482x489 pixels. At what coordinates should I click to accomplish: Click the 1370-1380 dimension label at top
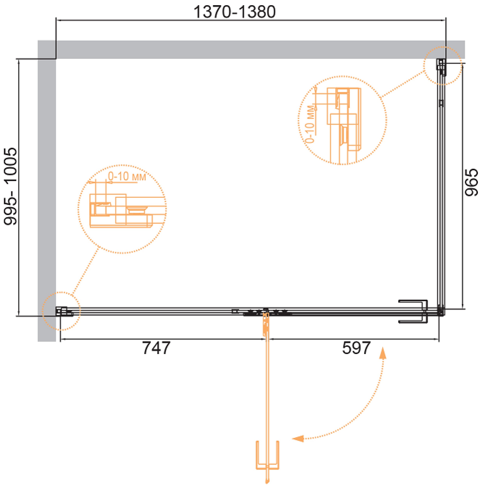[x=234, y=12]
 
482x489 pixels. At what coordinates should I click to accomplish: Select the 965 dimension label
[x=471, y=182]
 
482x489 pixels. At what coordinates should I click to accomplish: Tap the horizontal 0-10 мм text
[x=127, y=176]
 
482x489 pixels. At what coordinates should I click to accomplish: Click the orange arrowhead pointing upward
[x=383, y=353]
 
